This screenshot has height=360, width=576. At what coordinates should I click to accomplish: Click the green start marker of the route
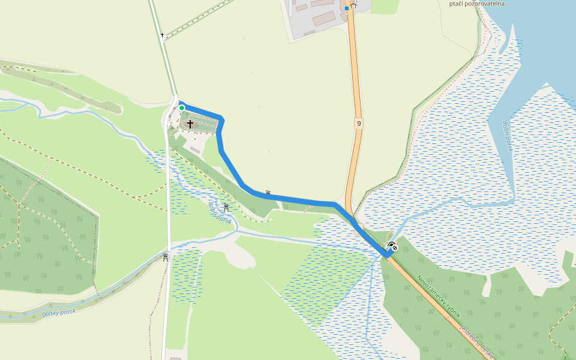coord(182,108)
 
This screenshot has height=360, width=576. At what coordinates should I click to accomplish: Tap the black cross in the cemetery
coord(190,124)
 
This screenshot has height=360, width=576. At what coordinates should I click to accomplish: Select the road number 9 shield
coord(359,124)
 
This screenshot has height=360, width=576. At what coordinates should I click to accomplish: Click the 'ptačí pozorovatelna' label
coord(477,4)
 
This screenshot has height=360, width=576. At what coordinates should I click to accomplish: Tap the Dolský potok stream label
coord(59,313)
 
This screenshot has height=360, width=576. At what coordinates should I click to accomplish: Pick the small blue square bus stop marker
coord(347,9)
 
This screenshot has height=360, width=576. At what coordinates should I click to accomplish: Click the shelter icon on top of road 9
coord(353,5)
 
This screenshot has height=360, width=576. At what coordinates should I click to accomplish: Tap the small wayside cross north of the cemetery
coord(162,35)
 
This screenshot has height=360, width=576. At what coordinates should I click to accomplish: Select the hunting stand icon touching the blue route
coord(268,193)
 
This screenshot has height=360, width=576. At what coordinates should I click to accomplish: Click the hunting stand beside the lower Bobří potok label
coord(226,208)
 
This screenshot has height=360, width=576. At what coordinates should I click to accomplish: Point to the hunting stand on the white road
coord(166,257)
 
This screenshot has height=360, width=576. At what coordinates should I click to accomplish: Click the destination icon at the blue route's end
coord(393,246)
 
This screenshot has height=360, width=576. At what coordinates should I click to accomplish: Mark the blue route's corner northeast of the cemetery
coord(221,119)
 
